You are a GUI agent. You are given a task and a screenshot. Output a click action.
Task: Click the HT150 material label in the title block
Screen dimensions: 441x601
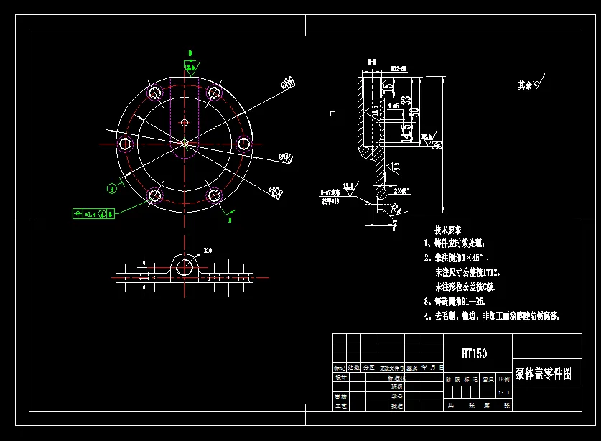tap(474, 353)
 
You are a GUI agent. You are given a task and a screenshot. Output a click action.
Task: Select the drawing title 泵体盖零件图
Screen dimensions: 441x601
tap(544, 374)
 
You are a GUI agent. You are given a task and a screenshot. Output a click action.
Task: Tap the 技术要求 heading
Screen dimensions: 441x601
tap(449, 230)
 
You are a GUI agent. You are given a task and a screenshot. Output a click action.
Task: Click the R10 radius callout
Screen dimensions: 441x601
tap(208, 251)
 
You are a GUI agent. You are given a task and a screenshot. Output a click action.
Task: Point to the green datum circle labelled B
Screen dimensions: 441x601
tap(111, 189)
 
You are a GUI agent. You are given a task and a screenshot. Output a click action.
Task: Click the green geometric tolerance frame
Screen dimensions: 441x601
tap(93, 213)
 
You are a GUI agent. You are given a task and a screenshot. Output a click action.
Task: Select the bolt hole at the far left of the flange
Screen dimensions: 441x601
tap(125, 144)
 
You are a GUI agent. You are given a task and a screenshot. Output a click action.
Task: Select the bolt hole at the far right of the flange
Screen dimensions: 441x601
tap(244, 144)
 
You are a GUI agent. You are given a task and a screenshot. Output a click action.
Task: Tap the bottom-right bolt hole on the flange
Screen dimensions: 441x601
tap(214, 195)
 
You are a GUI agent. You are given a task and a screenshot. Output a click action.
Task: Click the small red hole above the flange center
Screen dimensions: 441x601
tap(185, 123)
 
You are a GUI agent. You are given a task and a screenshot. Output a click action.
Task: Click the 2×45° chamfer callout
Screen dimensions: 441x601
tap(401, 192)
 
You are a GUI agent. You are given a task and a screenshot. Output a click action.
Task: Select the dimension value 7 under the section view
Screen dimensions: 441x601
tap(394, 226)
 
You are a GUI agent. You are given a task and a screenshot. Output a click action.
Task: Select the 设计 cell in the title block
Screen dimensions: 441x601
tap(341, 377)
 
